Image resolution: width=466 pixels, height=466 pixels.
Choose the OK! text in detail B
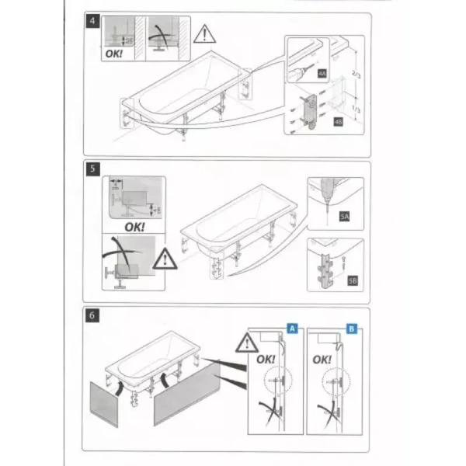click(322, 360)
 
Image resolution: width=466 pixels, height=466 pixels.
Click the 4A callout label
click(322, 73)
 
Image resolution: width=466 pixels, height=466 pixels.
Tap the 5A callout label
click(343, 218)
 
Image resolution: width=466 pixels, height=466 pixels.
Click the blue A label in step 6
click(293, 328)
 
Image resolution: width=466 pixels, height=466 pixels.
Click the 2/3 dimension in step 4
click(356, 74)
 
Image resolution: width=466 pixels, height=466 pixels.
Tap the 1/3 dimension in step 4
click(356, 110)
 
